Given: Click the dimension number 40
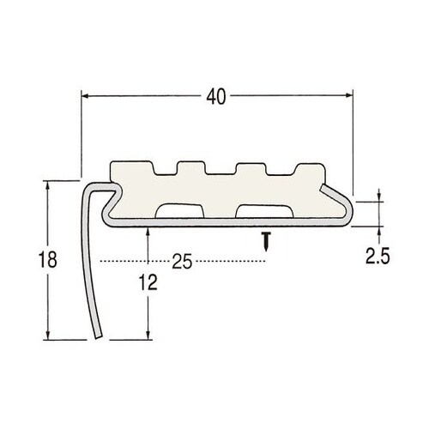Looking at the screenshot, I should coord(217,99).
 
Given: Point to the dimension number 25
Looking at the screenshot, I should coord(179,260).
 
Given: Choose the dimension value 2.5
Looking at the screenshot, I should coord(378,255).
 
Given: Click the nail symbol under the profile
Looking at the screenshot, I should coord(268,239).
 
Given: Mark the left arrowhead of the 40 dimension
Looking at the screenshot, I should coord(85,98).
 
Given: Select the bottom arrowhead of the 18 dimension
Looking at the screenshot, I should coord(48,336).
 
